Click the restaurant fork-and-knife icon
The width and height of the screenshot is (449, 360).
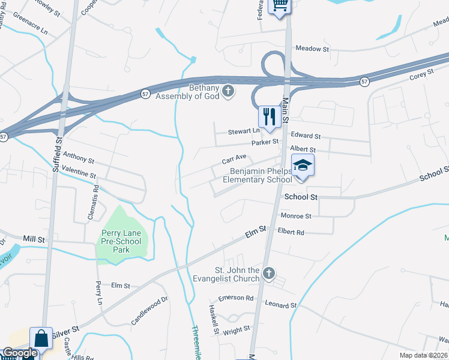pos(268,117)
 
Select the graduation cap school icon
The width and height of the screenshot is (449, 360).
pos(303,166)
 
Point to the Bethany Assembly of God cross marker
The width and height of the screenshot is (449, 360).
pos(228,91)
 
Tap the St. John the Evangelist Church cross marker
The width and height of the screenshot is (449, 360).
pos(269,274)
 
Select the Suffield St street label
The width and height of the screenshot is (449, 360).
pos(58,154)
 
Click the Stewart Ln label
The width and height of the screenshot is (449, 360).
pos(243,131)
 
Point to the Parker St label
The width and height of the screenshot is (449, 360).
pos(265,142)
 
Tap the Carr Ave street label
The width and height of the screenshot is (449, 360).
pos(234,158)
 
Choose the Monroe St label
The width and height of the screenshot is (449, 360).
pos(296,215)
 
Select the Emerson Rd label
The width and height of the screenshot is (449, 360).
pos(235,298)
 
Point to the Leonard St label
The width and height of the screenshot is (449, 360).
pos(281,305)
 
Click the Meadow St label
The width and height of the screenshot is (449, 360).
pos(312,49)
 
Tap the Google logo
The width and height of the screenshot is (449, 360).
pos(19,353)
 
